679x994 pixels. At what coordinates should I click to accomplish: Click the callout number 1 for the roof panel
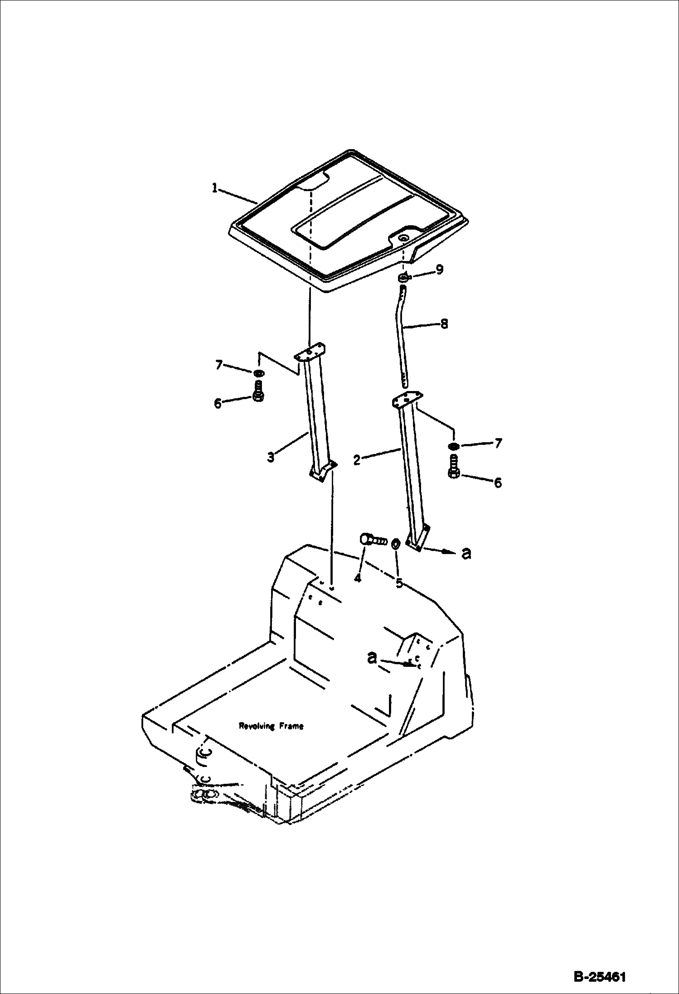pos(215,188)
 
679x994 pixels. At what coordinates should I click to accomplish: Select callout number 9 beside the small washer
pos(439,270)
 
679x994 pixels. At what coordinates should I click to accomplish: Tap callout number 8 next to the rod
pos(444,323)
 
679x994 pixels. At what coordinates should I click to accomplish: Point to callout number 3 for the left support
pos(271,457)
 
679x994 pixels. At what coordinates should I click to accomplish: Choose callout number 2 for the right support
pos(357,460)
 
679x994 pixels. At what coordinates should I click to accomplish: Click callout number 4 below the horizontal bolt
pos(358,578)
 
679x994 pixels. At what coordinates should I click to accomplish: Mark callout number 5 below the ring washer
pos(399,583)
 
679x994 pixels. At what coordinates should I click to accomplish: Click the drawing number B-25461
pos(600,976)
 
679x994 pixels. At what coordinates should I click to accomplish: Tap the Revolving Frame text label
pos(271,726)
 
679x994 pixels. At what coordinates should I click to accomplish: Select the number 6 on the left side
pos(218,403)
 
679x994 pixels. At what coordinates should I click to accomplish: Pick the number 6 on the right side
pos(498,483)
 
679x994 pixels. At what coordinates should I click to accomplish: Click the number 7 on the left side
pos(219,365)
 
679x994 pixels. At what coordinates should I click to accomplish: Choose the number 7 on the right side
pos(498,443)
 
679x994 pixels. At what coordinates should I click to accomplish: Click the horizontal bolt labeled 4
pos(373,540)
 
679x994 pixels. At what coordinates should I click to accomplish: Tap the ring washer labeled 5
pos(395,543)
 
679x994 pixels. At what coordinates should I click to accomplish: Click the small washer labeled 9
pos(403,278)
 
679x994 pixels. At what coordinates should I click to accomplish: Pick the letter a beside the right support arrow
pos(466,553)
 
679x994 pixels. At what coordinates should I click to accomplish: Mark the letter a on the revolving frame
pos(372,658)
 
